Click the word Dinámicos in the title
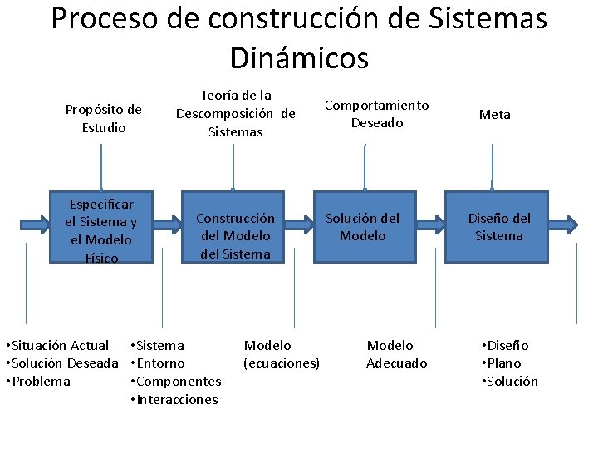pos(299,57)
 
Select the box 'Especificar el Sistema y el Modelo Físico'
pos(100,230)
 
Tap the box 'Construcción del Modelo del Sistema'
pos(235,235)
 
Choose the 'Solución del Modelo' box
pos(362,227)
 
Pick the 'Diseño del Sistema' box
pos(498,227)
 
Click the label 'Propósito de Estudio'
pos(104,118)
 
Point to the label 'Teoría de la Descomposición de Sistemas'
pos(235,113)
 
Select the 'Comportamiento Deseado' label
pos(376,114)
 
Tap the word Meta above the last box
pos(495,115)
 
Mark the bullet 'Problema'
pos(42,382)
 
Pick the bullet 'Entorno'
pos(160,363)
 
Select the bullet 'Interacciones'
pos(177,400)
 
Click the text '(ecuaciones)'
pos(281,363)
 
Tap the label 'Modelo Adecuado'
pos(397,354)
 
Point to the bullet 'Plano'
pos(504,363)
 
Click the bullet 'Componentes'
pos(179,382)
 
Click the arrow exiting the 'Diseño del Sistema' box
pos(564,224)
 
